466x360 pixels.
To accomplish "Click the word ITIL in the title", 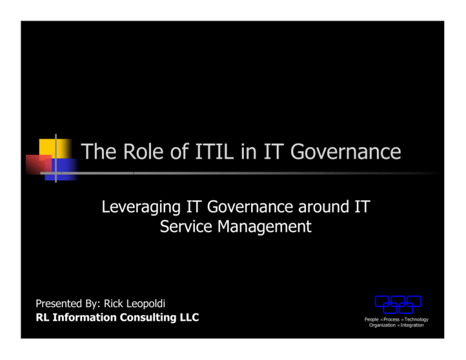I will click(x=202, y=151).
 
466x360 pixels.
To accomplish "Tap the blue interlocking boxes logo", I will click(x=397, y=304).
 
